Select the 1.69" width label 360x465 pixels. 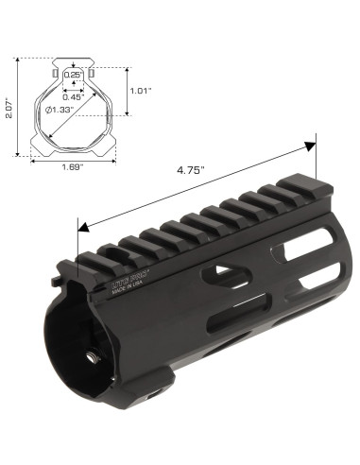click(71, 167)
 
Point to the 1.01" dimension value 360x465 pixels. click(140, 92)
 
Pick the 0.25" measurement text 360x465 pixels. click(73, 74)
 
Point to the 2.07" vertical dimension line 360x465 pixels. click(20, 105)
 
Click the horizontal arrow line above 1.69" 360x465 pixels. click(71, 158)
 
